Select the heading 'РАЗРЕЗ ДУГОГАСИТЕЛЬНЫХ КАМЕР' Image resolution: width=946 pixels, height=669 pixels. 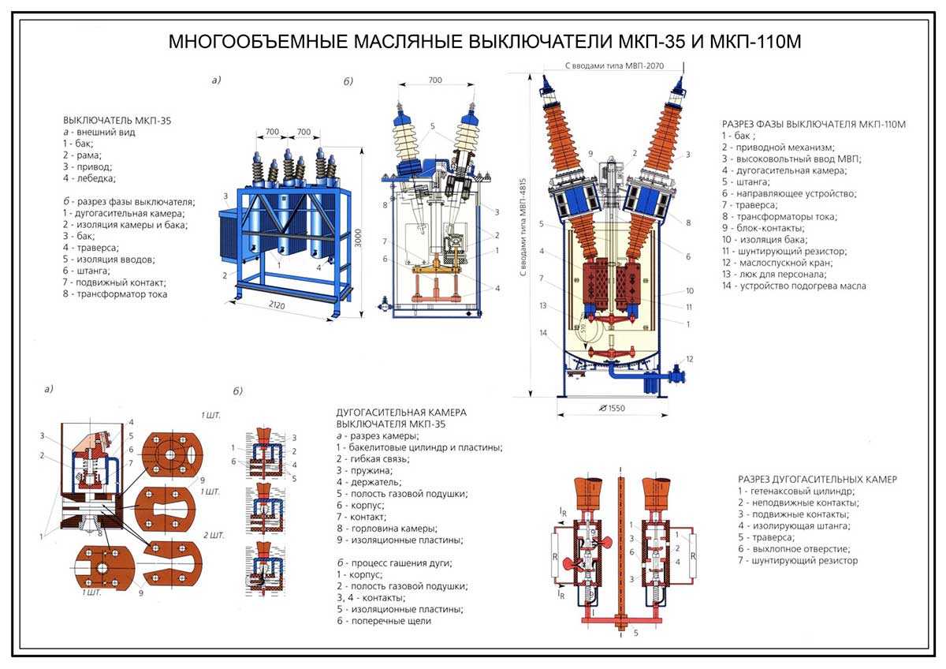pyautogui.click(x=818, y=479)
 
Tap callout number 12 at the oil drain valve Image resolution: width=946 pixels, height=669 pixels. pyautogui.click(x=689, y=359)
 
